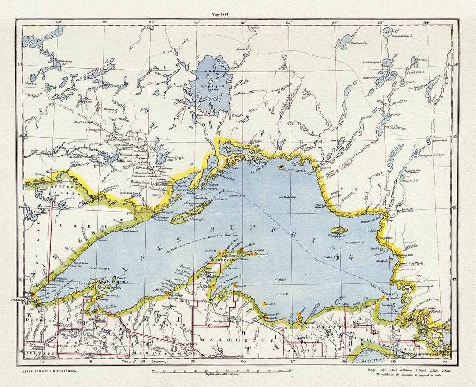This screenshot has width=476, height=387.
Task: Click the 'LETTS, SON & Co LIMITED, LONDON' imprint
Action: point(50,371)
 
